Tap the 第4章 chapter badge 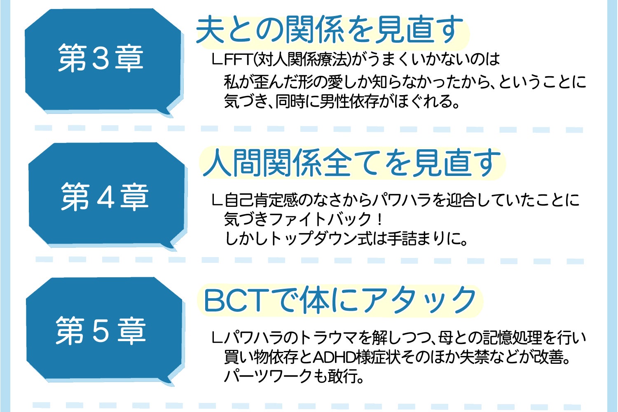click(x=107, y=196)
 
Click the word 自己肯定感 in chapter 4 click(x=261, y=200)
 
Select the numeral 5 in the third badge click(x=101, y=331)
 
